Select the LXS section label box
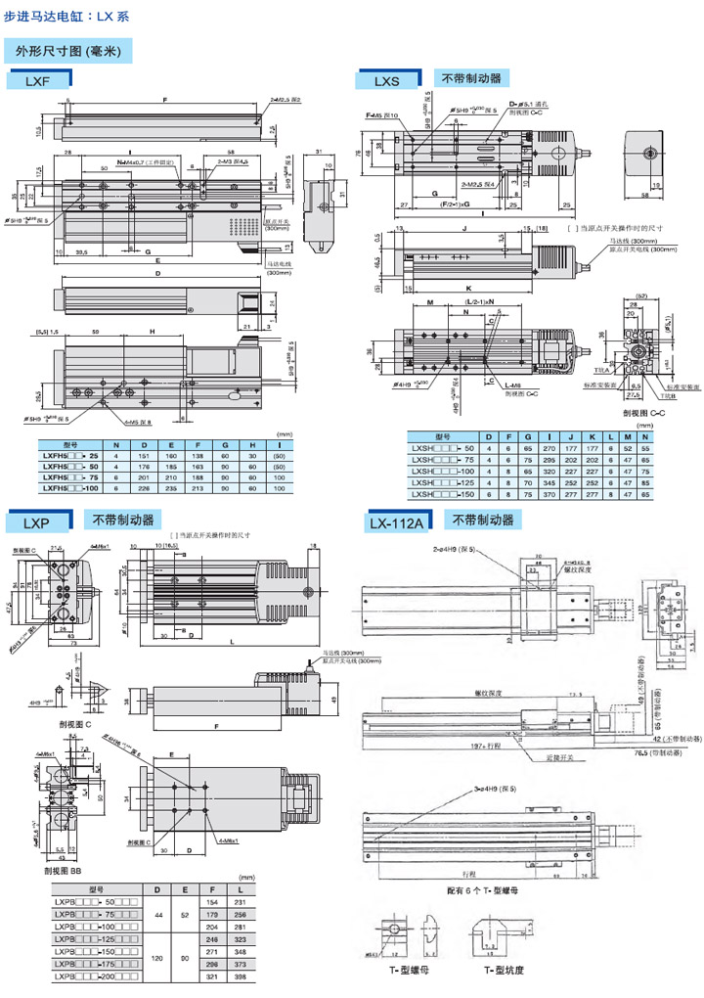pyautogui.click(x=387, y=82)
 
